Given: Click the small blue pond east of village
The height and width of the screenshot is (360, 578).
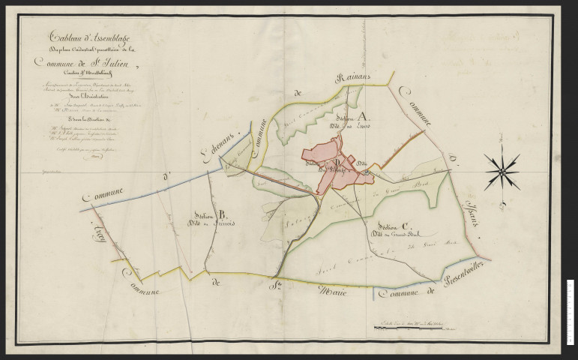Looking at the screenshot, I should coord(367,173).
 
